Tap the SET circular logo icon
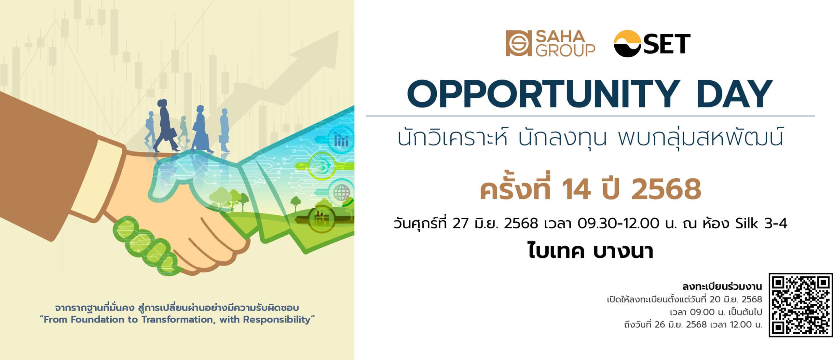click(x=628, y=44)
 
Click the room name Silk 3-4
click(x=761, y=224)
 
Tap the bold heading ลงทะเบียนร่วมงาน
click(x=722, y=286)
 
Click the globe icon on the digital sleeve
click(x=341, y=192)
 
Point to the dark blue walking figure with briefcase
click(x=166, y=125)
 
